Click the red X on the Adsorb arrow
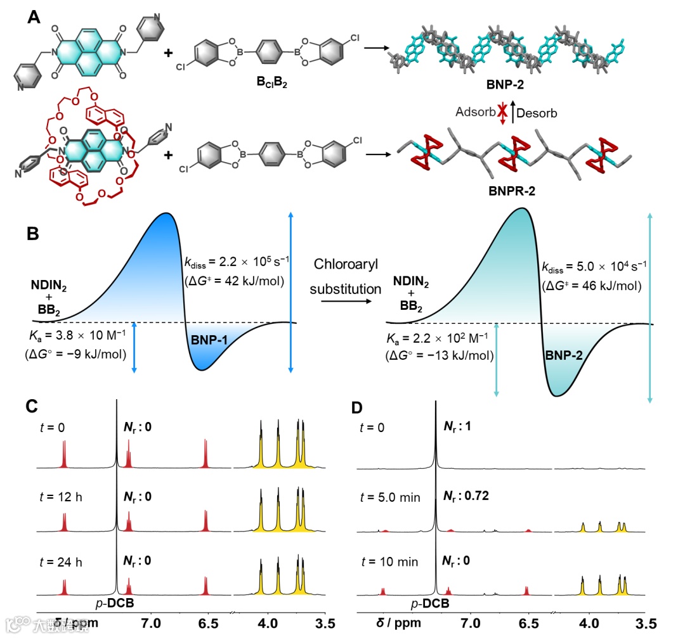[503, 112]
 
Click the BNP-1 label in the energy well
[212, 340]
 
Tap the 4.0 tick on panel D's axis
[590, 623]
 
